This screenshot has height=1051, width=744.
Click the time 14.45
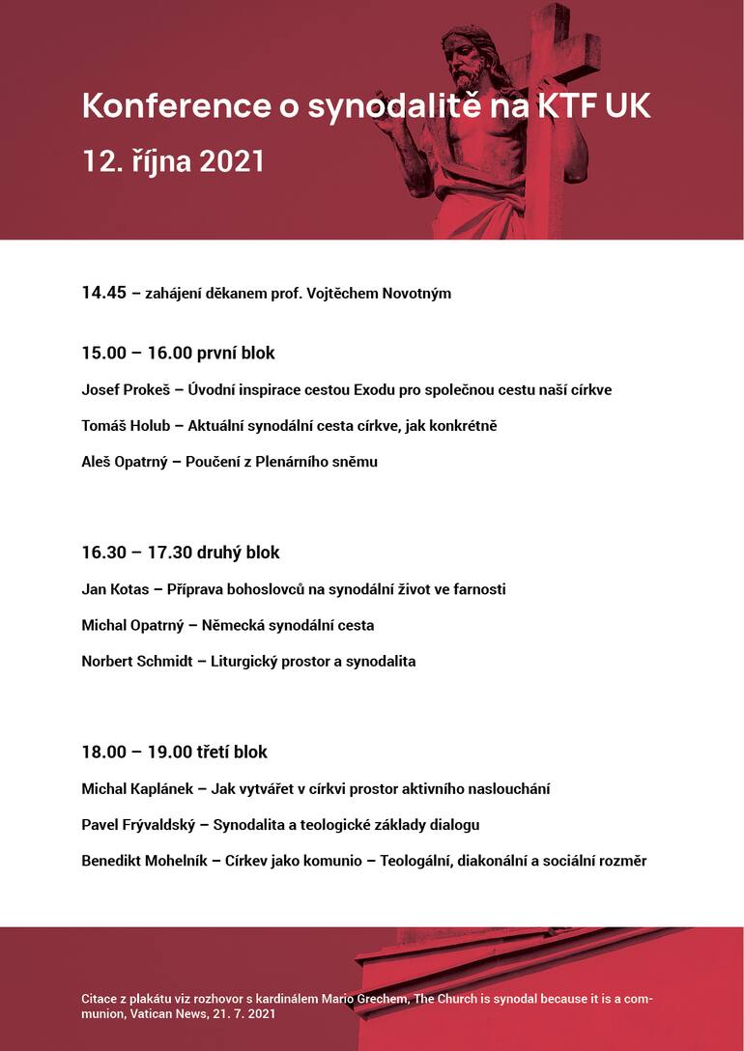(x=103, y=293)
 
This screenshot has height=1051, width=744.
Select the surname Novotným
(x=416, y=293)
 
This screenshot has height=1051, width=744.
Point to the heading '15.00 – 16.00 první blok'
(x=178, y=354)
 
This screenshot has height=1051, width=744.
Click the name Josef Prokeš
(x=125, y=390)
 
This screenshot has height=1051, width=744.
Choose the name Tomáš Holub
(x=125, y=426)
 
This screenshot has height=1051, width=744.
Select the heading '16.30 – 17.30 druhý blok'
(x=181, y=553)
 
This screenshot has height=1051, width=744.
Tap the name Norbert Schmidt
(x=137, y=662)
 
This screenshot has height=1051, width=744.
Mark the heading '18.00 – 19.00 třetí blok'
(x=174, y=752)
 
